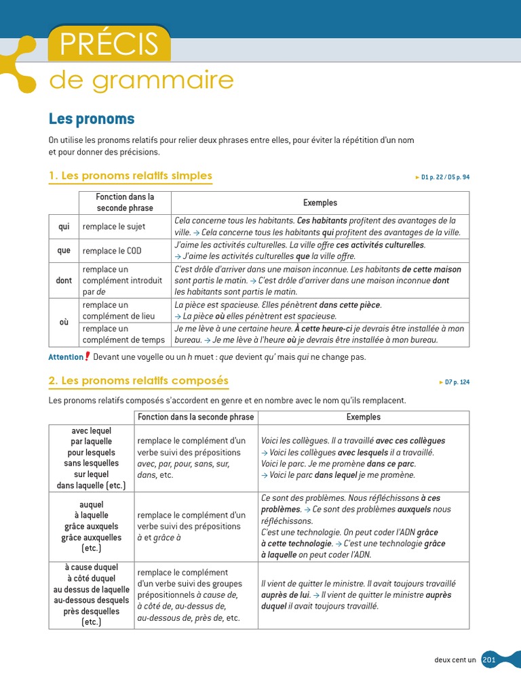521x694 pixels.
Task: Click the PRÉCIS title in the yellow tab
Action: click(x=109, y=44)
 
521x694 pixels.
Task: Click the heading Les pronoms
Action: click(x=92, y=119)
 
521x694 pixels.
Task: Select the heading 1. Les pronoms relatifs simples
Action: click(x=130, y=176)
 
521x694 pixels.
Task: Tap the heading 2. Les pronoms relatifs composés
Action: click(x=138, y=381)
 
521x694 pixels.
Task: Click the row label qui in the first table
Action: click(x=64, y=226)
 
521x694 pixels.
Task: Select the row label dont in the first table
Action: click(x=64, y=281)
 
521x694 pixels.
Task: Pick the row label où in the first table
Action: click(x=64, y=323)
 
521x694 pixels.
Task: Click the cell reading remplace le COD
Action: click(x=112, y=251)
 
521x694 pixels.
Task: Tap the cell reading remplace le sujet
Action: click(x=114, y=226)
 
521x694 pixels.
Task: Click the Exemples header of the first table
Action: click(x=320, y=203)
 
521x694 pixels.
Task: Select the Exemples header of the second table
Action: click(x=363, y=417)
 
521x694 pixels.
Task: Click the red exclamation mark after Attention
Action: click(x=88, y=356)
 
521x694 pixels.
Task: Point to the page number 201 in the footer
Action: click(x=489, y=660)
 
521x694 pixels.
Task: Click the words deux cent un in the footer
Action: click(x=455, y=660)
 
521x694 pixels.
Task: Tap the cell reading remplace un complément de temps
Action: click(x=123, y=334)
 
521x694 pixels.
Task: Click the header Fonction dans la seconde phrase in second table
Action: click(x=195, y=417)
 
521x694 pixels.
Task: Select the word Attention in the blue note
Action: click(x=65, y=357)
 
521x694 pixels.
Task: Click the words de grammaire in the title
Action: click(x=141, y=81)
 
